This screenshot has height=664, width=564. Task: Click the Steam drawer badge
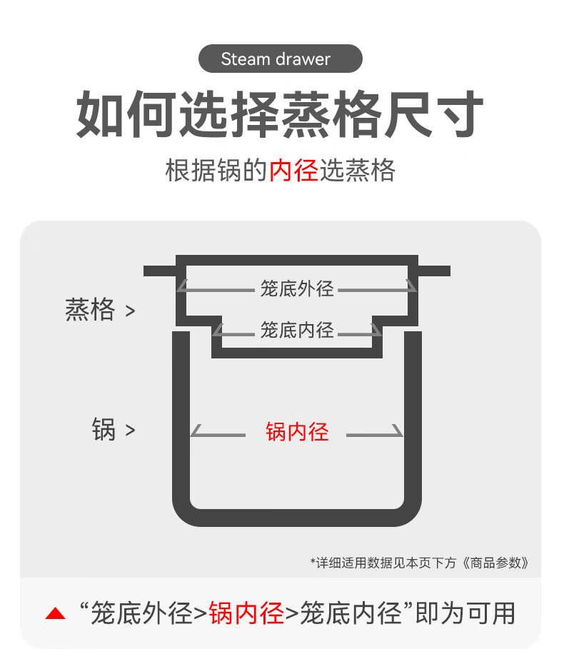tap(280, 59)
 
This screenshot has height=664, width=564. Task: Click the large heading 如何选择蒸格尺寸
tap(281, 114)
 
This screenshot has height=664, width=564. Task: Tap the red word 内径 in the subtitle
tap(293, 171)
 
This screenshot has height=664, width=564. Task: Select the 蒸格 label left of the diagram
tap(90, 310)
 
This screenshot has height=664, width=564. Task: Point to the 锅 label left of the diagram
tap(104, 430)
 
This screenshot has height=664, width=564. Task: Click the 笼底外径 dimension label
tap(296, 289)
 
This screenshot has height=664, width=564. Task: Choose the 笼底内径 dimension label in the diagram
tap(296, 330)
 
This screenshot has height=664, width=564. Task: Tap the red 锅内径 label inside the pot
tap(297, 432)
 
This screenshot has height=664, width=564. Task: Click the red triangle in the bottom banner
tap(55, 613)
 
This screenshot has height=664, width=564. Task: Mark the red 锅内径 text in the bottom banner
tap(246, 613)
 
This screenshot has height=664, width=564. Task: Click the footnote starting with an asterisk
tap(420, 563)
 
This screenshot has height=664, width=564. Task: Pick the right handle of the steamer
tap(433, 271)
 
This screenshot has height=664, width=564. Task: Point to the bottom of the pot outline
tap(297, 518)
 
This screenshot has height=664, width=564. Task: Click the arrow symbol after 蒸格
tap(130, 311)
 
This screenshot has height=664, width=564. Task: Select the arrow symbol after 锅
tap(130, 431)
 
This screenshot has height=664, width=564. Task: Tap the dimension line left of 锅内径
tap(218, 434)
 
